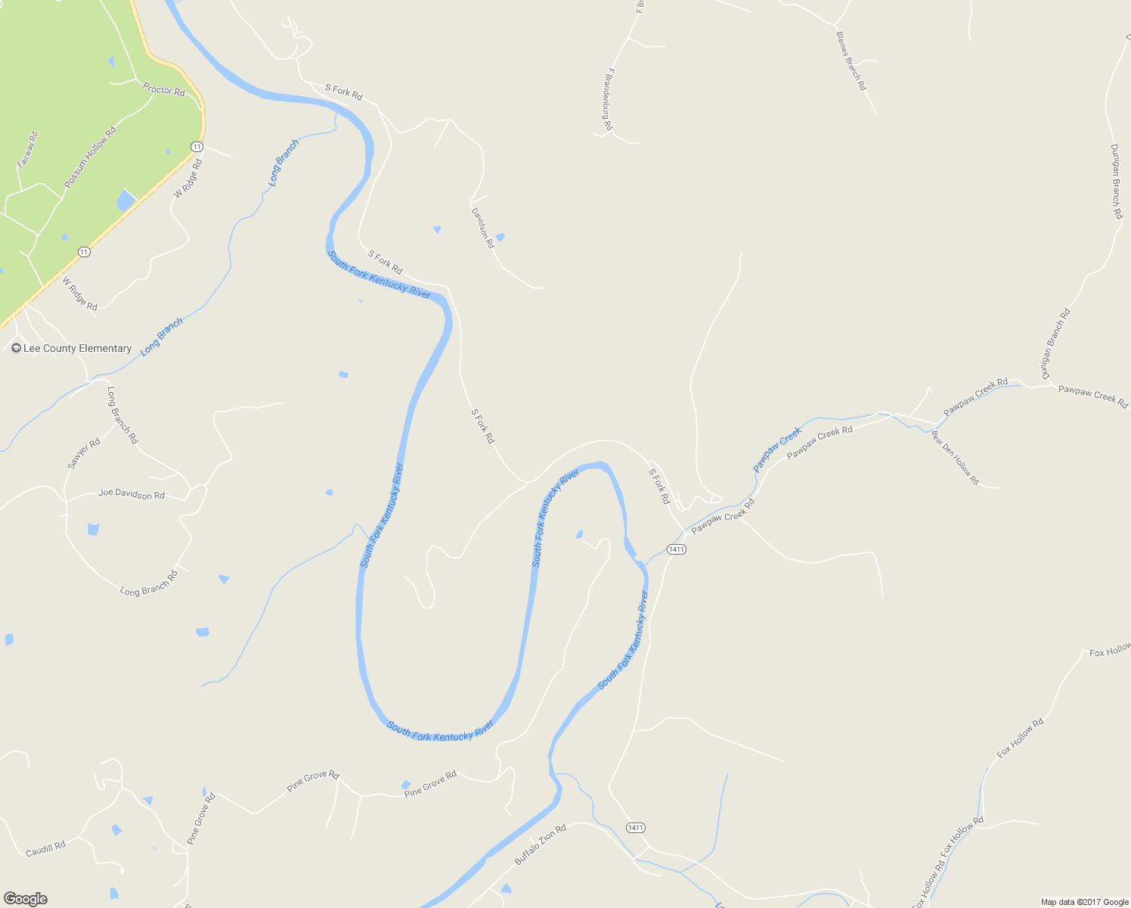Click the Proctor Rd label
(164, 90)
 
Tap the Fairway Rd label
(27, 150)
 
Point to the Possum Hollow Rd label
(90, 157)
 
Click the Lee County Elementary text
(77, 349)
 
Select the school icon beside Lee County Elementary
(16, 349)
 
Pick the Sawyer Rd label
(83, 453)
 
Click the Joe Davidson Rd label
(132, 494)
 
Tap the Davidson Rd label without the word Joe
(482, 229)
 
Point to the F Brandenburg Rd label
(607, 99)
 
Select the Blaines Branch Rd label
(851, 61)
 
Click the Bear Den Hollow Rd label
(955, 458)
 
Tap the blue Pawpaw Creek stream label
(777, 449)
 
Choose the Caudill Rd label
(45, 850)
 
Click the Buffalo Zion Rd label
(540, 845)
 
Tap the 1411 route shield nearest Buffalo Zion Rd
(635, 828)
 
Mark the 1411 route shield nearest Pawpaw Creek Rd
(677, 549)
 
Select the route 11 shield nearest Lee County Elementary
(84, 252)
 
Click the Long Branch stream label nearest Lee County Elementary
(161, 337)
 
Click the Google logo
(25, 899)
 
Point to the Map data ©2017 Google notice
(1084, 902)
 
